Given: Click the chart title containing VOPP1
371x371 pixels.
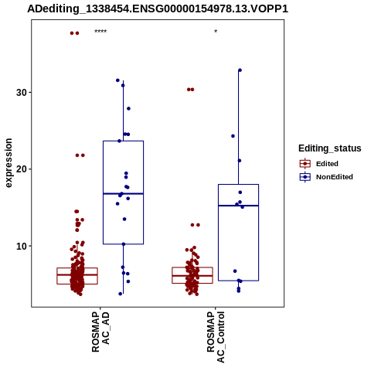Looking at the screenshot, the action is [x=158, y=9].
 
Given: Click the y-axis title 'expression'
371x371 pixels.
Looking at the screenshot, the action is [x=9, y=163].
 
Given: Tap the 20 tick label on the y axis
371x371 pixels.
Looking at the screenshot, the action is [x=22, y=169].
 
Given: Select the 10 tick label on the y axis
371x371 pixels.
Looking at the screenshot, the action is [x=22, y=246].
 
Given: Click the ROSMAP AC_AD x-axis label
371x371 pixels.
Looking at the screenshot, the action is [x=100, y=332].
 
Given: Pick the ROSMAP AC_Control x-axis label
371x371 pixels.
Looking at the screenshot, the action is [x=216, y=337].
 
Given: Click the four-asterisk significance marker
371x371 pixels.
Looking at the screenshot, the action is [x=100, y=32].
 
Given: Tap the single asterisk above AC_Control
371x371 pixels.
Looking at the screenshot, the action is [x=216, y=32].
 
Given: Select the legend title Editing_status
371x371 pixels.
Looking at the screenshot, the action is [x=330, y=148].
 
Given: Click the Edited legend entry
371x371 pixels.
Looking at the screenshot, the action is [x=327, y=164].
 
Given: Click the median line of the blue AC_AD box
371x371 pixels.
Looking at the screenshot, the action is [x=123, y=193].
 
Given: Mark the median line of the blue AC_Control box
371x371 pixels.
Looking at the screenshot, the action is [x=238, y=206].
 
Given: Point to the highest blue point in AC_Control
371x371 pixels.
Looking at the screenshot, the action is [x=240, y=70].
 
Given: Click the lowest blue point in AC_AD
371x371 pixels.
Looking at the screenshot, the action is [x=121, y=294].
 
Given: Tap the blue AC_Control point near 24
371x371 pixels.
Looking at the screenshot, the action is [x=233, y=136].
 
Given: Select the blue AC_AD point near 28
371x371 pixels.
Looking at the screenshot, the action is [x=128, y=108].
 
